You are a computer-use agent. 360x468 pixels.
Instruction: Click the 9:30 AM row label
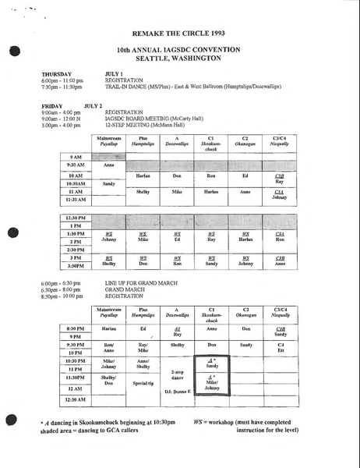(x=76, y=166)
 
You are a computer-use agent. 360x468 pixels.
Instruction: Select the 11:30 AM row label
(x=76, y=200)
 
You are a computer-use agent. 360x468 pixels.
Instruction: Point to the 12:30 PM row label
(x=76, y=218)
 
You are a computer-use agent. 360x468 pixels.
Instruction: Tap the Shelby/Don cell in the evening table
(x=109, y=380)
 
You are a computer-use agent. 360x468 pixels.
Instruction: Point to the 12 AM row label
(x=75, y=388)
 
